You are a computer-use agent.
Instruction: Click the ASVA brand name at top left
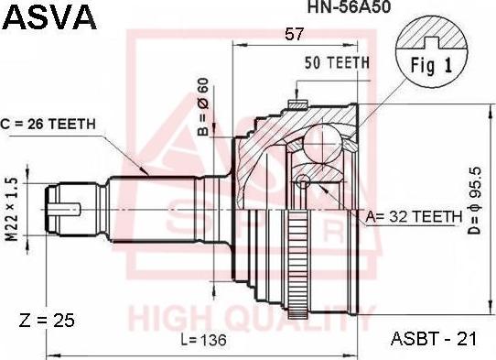click(49, 17)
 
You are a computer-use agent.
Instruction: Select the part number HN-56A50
click(350, 7)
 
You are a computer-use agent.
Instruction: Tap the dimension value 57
click(294, 34)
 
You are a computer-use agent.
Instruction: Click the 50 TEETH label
click(337, 62)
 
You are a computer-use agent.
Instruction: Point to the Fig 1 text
click(431, 66)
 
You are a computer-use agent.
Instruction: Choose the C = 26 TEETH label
click(49, 124)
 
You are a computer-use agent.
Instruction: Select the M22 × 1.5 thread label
click(12, 209)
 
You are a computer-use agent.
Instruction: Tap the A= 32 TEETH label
click(414, 216)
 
